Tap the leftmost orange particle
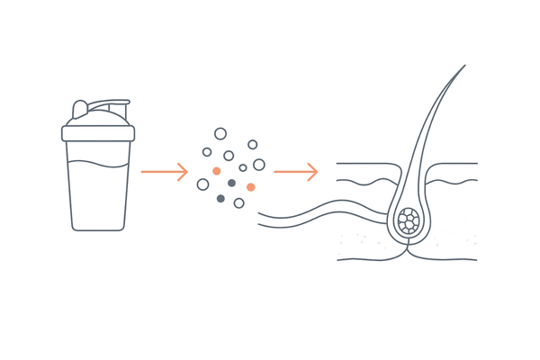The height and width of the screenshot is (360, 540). pyautogui.click(x=216, y=170)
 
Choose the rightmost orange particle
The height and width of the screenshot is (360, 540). pyautogui.click(x=250, y=186)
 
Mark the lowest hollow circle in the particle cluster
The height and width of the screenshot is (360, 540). pyautogui.click(x=238, y=203)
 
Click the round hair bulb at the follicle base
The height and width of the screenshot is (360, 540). pyautogui.click(x=410, y=222)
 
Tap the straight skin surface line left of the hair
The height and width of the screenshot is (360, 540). pyautogui.click(x=364, y=163)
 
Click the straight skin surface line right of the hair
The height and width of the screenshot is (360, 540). pyautogui.click(x=454, y=163)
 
